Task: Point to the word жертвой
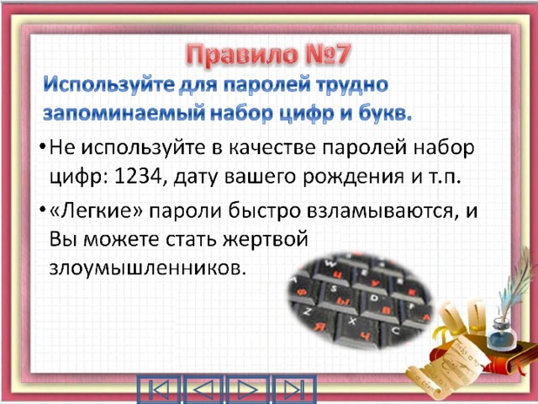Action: point(266,240)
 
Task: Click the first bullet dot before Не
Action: point(42,148)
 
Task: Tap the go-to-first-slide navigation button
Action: point(159,390)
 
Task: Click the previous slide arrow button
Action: point(203,390)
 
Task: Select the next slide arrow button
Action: point(248,390)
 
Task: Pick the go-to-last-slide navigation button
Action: point(293,390)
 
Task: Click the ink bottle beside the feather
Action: point(502,334)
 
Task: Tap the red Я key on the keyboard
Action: point(320,327)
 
